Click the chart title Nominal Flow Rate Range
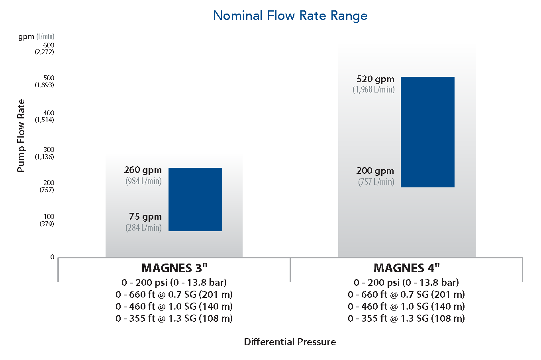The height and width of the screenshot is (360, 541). coord(290,16)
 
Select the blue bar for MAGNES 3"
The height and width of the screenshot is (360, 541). coord(195,199)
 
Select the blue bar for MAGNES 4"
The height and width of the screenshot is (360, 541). coord(427,132)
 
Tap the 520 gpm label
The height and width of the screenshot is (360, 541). coord(375,79)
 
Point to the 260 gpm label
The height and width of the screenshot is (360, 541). coord(143,170)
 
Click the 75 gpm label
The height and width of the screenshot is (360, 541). coord(145,216)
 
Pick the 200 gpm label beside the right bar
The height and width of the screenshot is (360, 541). coord(375,171)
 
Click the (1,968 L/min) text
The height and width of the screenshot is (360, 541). coord(373,89)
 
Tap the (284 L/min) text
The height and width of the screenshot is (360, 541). coord(143,228)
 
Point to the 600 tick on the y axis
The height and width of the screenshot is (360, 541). coord(49,45)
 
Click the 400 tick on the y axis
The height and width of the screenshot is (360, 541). coord(49,113)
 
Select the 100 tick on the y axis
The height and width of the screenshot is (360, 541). coord(49,216)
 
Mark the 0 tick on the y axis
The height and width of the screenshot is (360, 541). coord(52,257)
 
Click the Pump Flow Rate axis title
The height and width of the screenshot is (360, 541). coord(21,136)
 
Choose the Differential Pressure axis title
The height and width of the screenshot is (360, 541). coord(290,342)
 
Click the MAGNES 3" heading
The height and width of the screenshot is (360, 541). coord(174,268)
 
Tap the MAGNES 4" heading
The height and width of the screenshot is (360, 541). coord(406,268)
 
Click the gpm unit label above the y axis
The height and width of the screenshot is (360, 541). coord(26,37)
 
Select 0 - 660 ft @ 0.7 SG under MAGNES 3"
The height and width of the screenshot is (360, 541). coord(174,295)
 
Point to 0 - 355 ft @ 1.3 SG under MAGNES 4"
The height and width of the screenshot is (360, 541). coord(406,319)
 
